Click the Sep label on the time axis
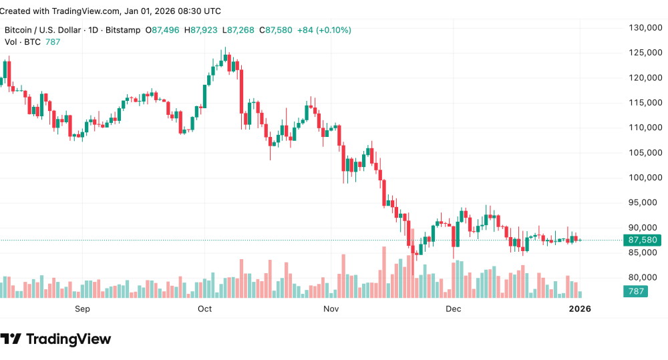click(x=82, y=309)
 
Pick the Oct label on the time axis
click(x=204, y=309)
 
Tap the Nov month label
click(x=331, y=309)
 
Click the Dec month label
click(x=454, y=309)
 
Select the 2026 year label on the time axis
click(x=578, y=309)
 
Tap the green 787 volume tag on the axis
click(x=635, y=291)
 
